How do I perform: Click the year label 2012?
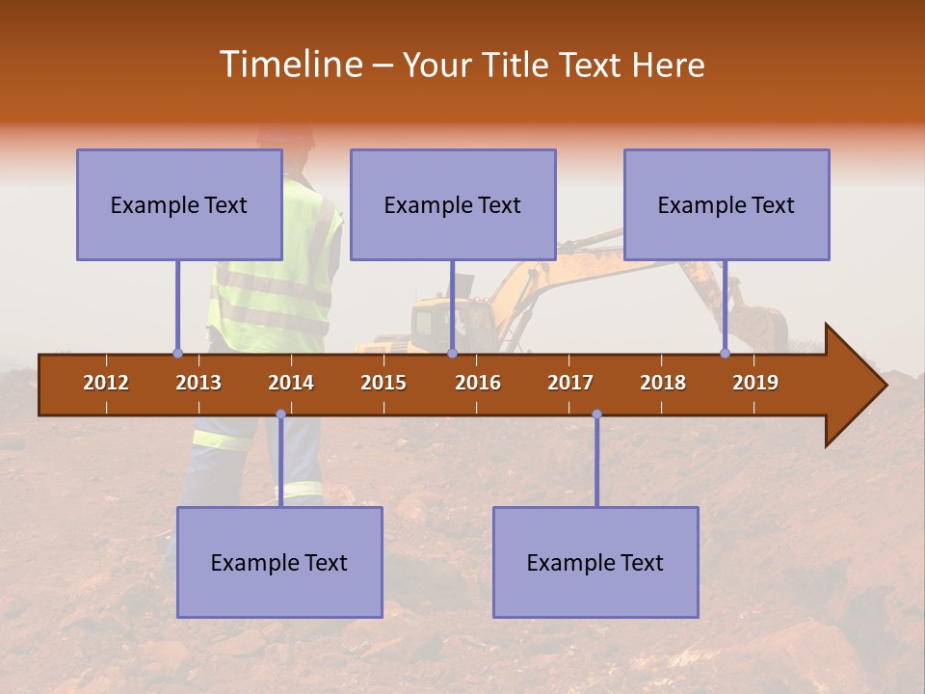106,383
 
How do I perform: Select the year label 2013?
198,383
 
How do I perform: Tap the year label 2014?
291,383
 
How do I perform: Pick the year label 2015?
383,383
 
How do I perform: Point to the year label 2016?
478,383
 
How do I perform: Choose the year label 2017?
570,383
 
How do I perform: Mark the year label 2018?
663,383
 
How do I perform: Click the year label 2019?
755,383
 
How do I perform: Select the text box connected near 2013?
179,204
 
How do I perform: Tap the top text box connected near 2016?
453,204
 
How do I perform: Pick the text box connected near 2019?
727,204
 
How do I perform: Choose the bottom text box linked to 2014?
279,562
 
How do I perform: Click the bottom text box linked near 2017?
595,562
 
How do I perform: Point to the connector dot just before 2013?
177,354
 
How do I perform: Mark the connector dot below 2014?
280,414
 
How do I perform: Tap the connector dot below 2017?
596,414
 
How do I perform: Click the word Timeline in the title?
289,65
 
